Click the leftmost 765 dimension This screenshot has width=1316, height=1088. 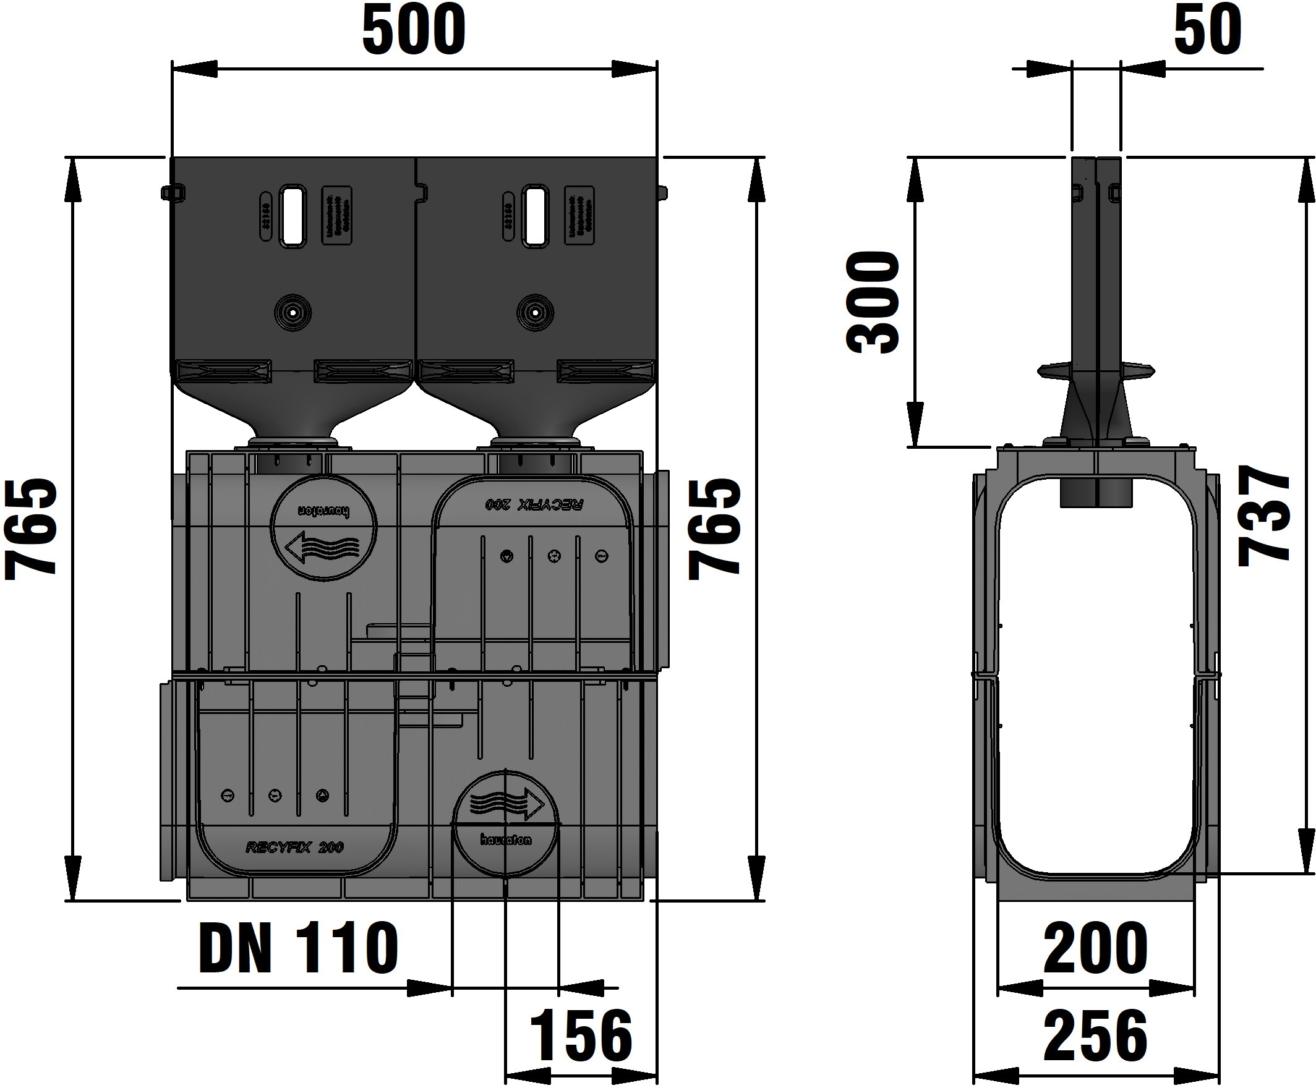32,528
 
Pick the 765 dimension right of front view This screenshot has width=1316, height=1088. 714,528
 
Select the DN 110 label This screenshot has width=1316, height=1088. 298,948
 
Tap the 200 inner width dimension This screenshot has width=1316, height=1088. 1095,948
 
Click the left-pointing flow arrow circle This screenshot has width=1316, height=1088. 323,527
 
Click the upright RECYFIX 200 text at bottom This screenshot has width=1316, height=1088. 294,848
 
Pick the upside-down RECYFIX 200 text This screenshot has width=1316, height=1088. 534,504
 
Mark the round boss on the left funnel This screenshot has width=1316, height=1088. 292,312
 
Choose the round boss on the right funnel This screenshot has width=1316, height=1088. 535,312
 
